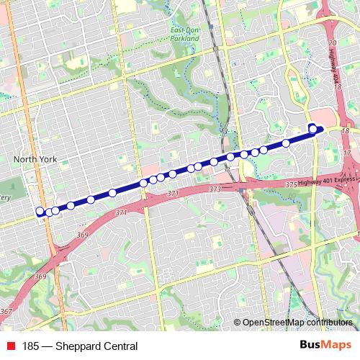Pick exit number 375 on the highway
click(x=291, y=185)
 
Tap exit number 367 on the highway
click(x=6, y=311)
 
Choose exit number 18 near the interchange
click(x=346, y=131)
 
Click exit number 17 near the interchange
click(x=347, y=153)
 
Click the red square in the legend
click(x=12, y=346)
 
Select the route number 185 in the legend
click(x=31, y=346)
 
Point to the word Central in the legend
click(x=119, y=346)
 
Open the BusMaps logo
click(x=325, y=346)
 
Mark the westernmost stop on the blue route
click(x=40, y=212)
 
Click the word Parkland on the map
click(x=186, y=38)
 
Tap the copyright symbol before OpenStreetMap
click(x=238, y=323)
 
